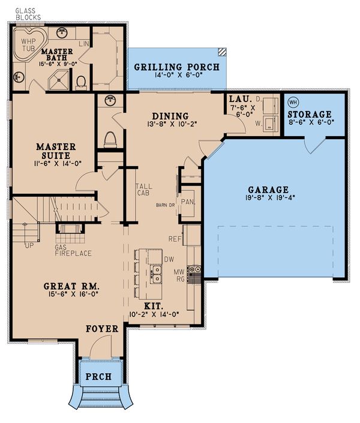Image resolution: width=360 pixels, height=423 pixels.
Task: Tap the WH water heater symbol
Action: (293, 101)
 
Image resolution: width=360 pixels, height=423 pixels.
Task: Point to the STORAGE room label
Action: (310, 114)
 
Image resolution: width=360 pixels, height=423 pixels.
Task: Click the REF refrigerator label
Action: (175, 238)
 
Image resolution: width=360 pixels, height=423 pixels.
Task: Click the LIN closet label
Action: (83, 44)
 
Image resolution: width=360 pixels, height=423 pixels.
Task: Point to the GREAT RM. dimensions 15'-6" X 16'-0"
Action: (70, 295)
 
